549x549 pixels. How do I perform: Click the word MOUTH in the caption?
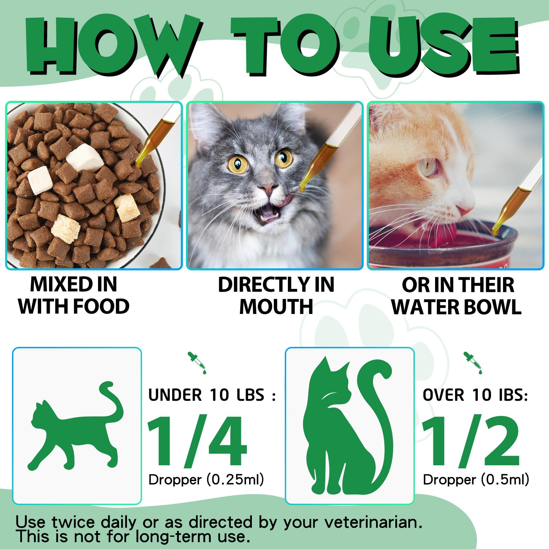coord(276,306)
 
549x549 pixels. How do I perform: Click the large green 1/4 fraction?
coord(197,442)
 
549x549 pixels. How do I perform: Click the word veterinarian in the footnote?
coord(373,523)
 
